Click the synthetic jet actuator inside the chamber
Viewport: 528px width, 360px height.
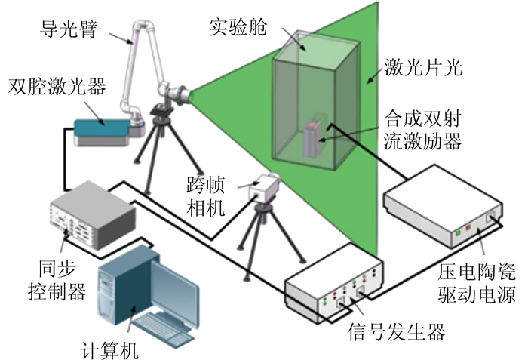pos(313,140)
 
